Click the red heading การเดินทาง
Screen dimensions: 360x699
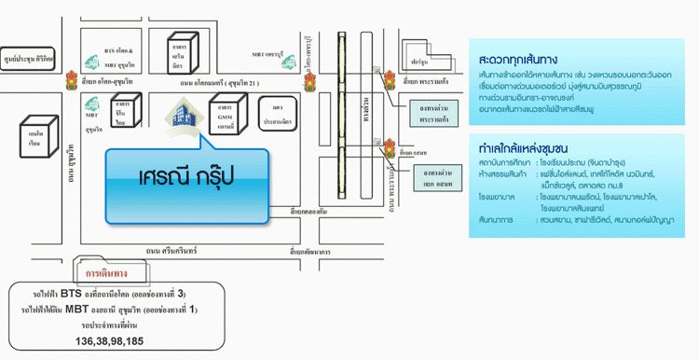point(106,274)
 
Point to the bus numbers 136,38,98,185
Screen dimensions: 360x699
point(108,341)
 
